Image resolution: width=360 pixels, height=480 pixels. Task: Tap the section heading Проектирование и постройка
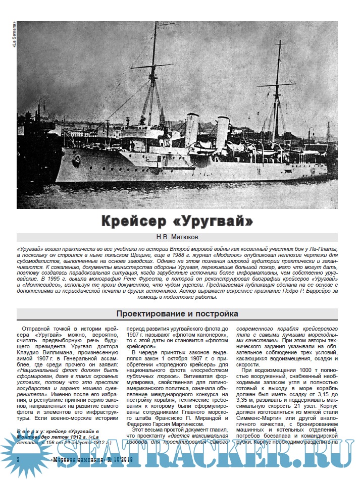tap(177, 313)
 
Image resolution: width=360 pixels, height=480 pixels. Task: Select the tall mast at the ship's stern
tap(277, 91)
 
